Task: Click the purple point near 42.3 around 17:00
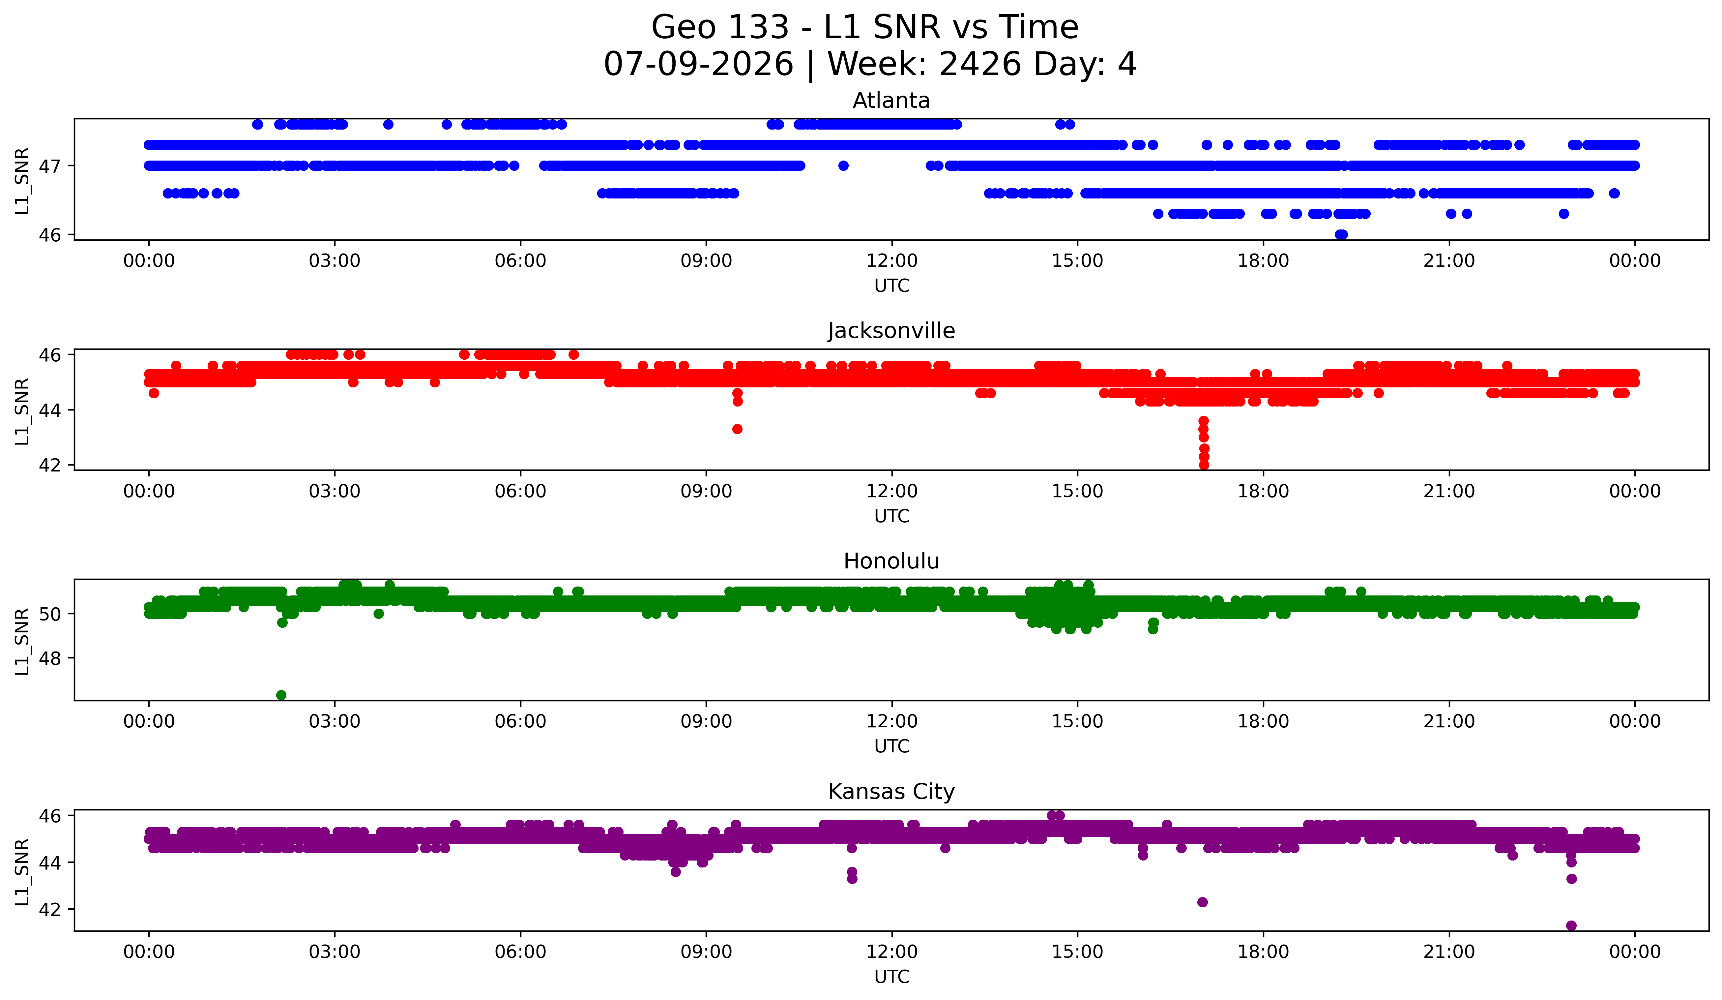point(1203,902)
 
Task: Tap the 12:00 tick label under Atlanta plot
point(892,261)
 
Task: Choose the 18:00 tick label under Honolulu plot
point(1264,722)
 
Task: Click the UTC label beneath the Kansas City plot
point(892,977)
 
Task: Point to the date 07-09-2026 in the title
point(698,64)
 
